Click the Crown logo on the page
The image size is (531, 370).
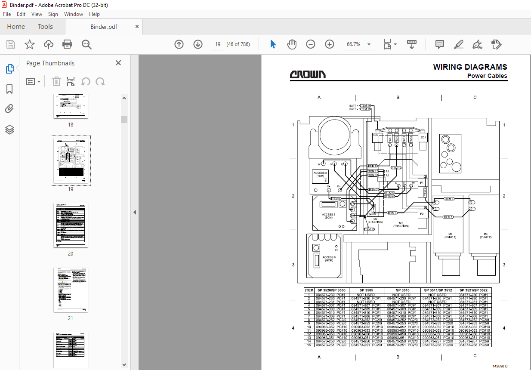point(308,75)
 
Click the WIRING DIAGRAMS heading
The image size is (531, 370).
point(470,67)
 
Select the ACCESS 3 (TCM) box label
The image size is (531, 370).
point(320,174)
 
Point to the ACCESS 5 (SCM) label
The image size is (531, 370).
point(328,216)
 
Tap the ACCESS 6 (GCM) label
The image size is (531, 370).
point(329,259)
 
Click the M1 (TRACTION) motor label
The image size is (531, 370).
point(401,224)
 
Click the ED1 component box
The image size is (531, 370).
point(423,137)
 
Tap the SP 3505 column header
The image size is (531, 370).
point(367,290)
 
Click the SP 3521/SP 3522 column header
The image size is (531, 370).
point(473,290)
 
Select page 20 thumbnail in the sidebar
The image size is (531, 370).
point(71,225)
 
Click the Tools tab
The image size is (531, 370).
point(45,27)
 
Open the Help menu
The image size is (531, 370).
point(94,14)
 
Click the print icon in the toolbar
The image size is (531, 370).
point(67,44)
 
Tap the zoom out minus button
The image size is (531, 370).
point(310,44)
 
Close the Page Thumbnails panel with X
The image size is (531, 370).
point(118,63)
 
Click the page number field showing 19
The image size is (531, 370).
point(218,44)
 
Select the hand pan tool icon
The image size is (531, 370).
point(292,44)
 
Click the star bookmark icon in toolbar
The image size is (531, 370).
point(29,44)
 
